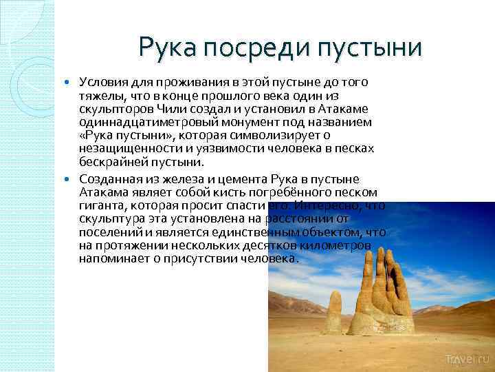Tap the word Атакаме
click(342, 109)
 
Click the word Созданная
click(108, 178)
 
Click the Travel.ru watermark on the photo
click(467, 360)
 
